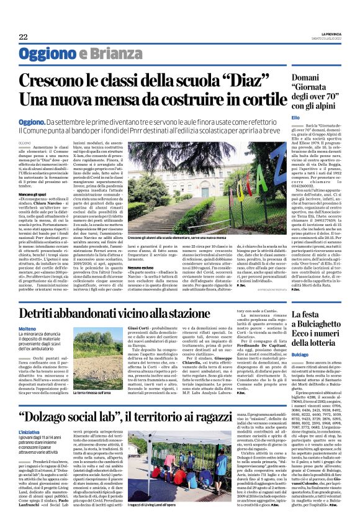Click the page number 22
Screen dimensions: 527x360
click(x=23, y=37)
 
